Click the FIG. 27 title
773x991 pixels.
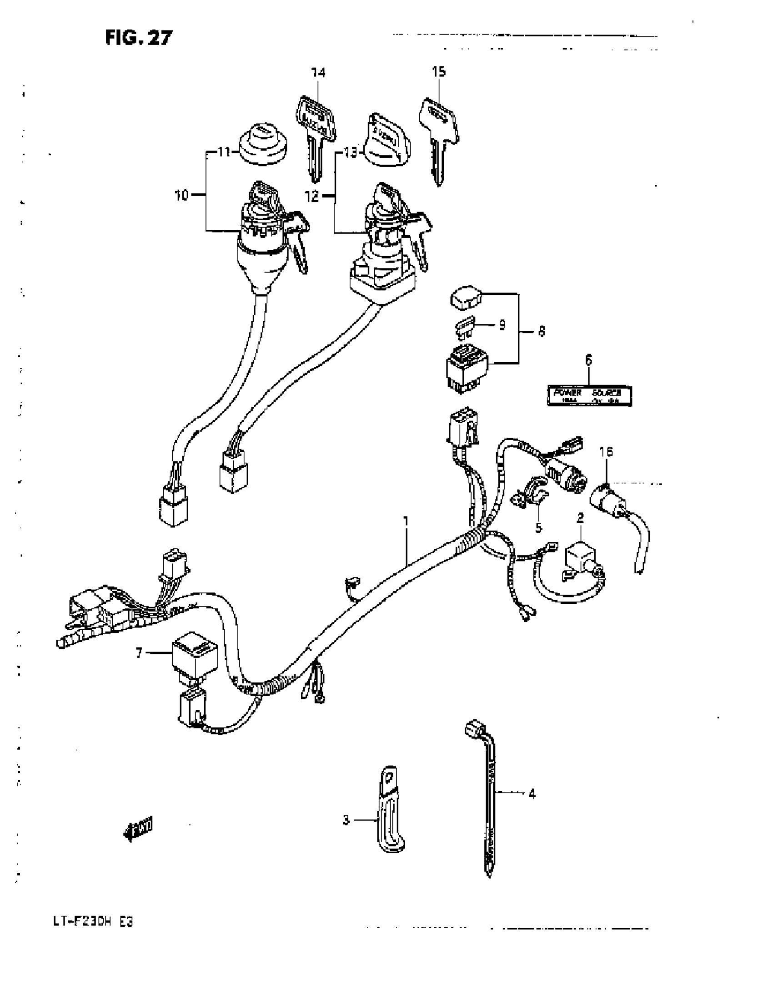(139, 38)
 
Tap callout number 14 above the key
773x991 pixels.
(318, 72)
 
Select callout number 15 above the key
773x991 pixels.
(438, 71)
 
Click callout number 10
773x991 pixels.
(181, 196)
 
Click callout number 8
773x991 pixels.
(541, 331)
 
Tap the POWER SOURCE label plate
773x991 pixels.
(589, 396)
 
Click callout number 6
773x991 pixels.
(589, 360)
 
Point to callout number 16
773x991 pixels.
(606, 451)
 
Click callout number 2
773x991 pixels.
(580, 518)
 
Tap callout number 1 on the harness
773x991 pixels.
(406, 521)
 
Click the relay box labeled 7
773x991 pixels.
(195, 656)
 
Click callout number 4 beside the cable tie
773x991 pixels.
(532, 794)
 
